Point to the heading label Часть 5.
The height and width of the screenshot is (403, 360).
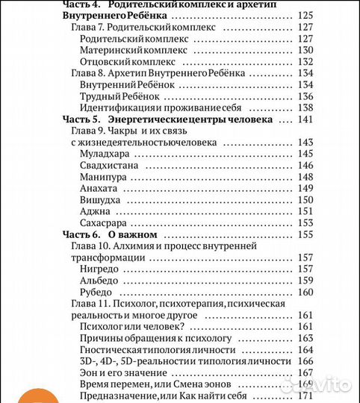click(77, 119)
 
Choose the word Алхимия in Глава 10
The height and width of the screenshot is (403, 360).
click(135, 246)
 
